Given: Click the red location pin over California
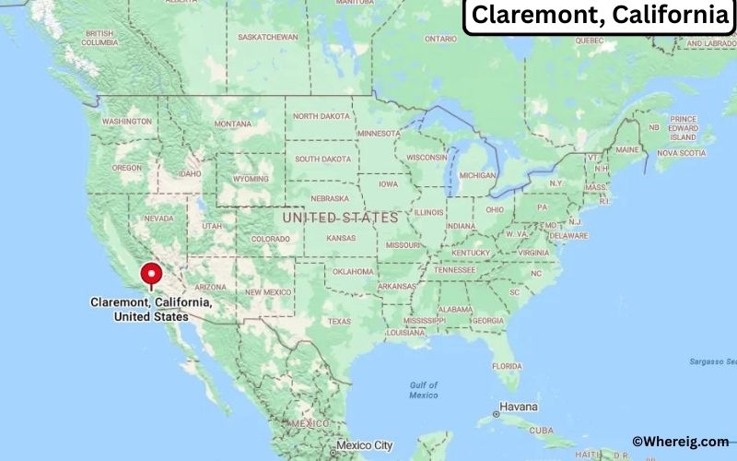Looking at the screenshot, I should [x=151, y=275].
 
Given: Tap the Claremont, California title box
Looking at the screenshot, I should [x=599, y=16].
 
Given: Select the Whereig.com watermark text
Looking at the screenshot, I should [x=680, y=443].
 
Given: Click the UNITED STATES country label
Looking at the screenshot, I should [x=340, y=218].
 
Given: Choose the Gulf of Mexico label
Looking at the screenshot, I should [x=424, y=390].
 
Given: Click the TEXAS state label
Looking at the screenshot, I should [x=339, y=322].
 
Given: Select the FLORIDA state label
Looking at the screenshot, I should [x=507, y=366].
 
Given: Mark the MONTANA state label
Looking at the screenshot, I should [x=232, y=124].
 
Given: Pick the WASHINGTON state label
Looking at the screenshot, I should [x=126, y=122].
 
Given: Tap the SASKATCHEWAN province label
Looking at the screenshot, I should [x=268, y=37].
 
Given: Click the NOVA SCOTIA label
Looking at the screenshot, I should [x=680, y=153].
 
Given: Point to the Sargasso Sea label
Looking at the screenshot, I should [x=711, y=361].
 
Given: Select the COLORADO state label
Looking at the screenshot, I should [x=270, y=239].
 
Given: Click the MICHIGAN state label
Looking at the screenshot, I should [x=477, y=175].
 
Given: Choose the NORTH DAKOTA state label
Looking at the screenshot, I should [x=322, y=116].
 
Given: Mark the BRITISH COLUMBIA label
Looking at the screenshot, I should [x=99, y=39].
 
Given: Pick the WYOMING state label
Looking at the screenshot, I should [x=251, y=179].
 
